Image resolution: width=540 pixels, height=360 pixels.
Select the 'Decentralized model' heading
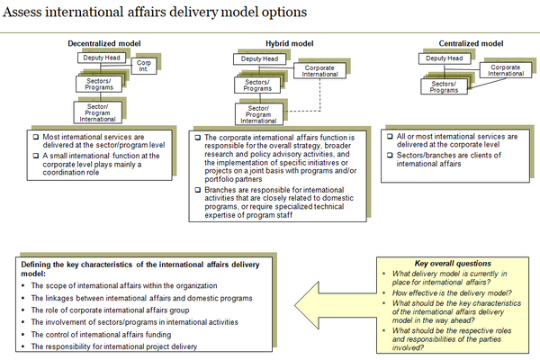104,43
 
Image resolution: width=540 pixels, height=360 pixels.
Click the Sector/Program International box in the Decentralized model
97,111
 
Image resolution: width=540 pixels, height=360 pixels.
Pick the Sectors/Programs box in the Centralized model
442,87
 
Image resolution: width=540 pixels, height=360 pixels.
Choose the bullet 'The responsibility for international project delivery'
125,346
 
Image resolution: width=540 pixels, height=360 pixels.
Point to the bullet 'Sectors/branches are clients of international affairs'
445,160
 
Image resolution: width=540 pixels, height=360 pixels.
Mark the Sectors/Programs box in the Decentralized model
97,84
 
